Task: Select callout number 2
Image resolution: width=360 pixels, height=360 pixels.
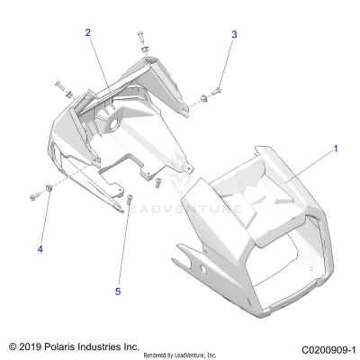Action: [x=88, y=32]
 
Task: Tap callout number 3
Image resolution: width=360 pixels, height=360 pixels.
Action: [x=234, y=34]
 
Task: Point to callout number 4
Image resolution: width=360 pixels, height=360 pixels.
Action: [x=40, y=247]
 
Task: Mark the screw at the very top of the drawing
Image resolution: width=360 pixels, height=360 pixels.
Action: [x=141, y=36]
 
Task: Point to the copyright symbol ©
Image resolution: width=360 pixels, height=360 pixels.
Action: [x=12, y=346]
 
